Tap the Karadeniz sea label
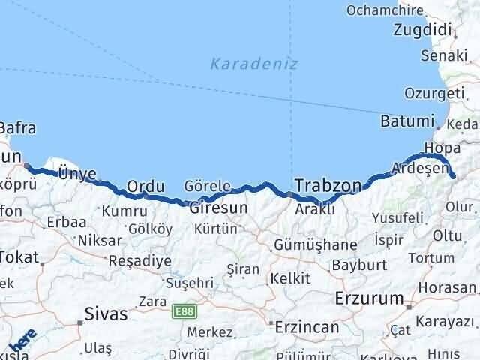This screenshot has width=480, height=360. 253,64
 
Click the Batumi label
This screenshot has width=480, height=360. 407,121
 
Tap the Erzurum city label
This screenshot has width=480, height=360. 370,298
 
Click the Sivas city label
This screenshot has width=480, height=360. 106,313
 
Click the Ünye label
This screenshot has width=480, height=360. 77,174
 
